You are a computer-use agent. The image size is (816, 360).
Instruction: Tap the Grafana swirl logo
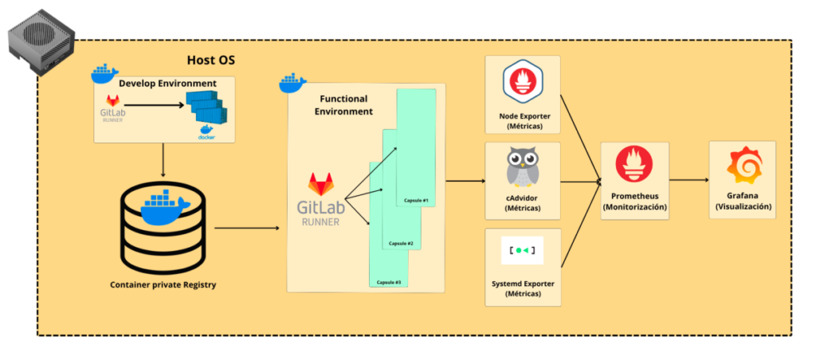point(742,167)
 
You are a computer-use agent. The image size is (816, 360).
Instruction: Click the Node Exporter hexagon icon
point(523,83)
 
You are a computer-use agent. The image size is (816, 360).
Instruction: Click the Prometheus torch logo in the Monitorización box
point(634,166)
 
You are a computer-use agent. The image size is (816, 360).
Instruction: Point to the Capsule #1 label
point(414,199)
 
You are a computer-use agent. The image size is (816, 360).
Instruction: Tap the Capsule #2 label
point(400,243)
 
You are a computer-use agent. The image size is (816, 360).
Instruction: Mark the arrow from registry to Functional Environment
point(247,229)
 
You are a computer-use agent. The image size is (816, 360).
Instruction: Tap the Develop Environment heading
point(167,83)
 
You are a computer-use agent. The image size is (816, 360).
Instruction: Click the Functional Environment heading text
point(344,105)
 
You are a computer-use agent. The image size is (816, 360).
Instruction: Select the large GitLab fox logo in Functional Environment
point(323,185)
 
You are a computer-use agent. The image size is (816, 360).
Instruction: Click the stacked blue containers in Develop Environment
point(206,107)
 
